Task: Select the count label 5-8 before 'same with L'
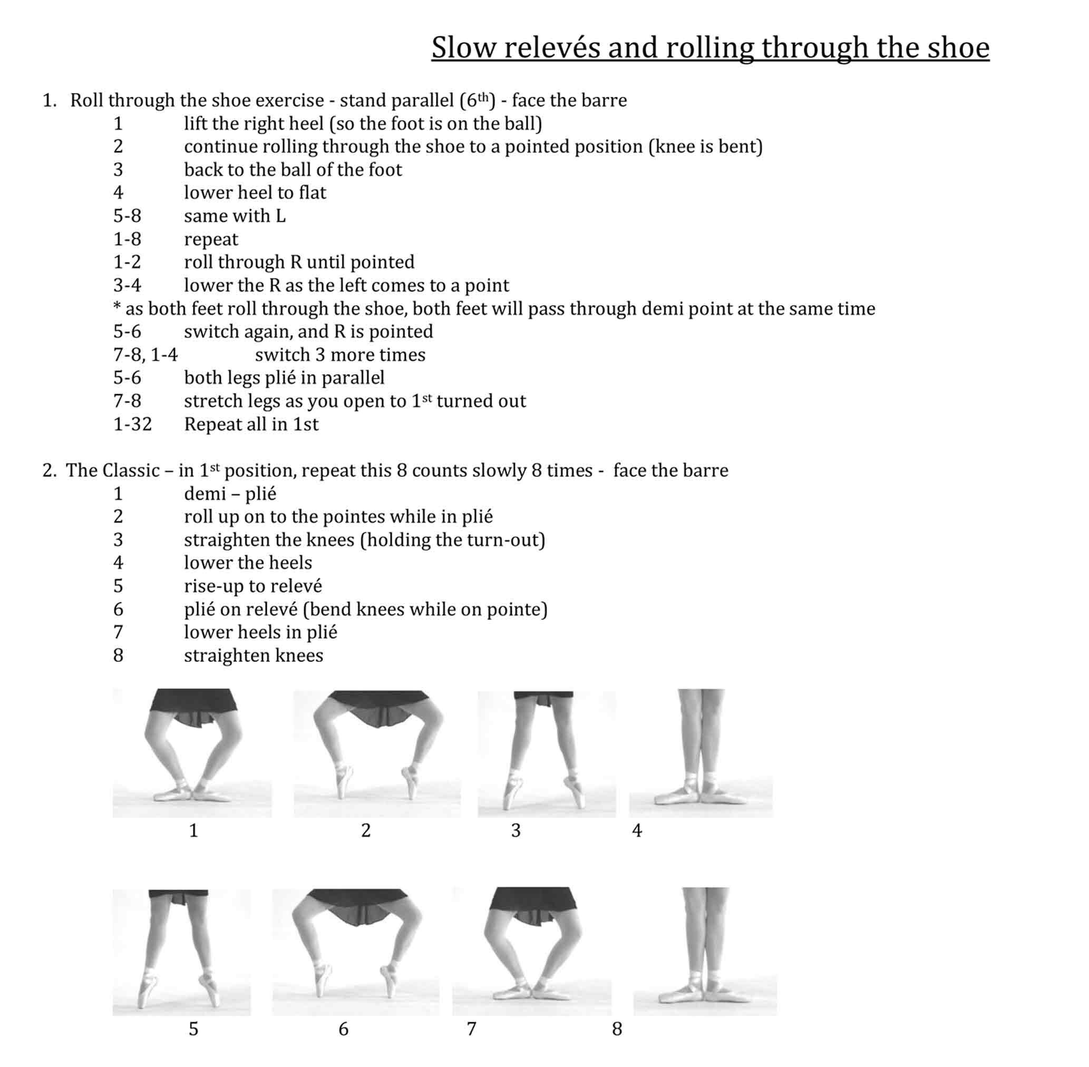(127, 216)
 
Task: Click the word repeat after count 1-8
(211, 240)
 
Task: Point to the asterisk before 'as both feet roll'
(117, 307)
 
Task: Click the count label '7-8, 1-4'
(145, 355)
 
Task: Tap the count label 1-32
(132, 424)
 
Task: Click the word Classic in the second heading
(131, 470)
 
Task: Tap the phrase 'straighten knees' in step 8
(254, 655)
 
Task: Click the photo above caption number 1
(192, 752)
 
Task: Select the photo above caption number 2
(377, 753)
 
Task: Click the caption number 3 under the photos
(516, 830)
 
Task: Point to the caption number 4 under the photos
(637, 830)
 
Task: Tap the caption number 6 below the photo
(344, 1029)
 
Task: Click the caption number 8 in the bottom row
(617, 1029)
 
